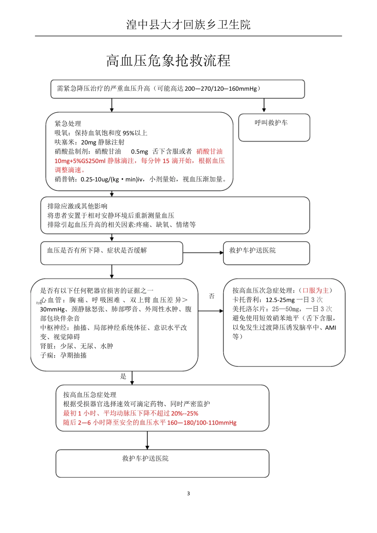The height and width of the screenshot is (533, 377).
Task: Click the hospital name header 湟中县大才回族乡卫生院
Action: pos(188,25)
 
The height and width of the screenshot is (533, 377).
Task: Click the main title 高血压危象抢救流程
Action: pos(168,61)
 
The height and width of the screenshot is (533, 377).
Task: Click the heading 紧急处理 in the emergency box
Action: pos(68,123)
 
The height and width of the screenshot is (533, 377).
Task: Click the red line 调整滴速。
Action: pos(70,170)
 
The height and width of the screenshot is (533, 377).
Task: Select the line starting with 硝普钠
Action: pos(141,179)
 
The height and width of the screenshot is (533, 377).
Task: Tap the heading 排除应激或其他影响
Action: pos(77,206)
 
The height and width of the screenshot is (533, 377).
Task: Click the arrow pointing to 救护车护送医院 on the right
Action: pos(203,253)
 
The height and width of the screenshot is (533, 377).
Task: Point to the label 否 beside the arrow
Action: pos(212,296)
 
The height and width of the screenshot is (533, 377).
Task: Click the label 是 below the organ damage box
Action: pos(123,376)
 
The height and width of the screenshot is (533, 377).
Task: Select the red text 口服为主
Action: pos(315,290)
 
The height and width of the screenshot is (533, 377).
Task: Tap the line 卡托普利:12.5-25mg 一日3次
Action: pos(277,300)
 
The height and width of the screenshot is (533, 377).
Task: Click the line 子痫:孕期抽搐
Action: pos(63,355)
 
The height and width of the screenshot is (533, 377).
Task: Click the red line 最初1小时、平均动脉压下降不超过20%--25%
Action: pos(131,413)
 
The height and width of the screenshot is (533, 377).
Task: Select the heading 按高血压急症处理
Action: pos(90,395)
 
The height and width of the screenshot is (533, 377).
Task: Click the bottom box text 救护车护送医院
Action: pos(145,458)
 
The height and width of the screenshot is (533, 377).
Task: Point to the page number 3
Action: pos(188,493)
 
